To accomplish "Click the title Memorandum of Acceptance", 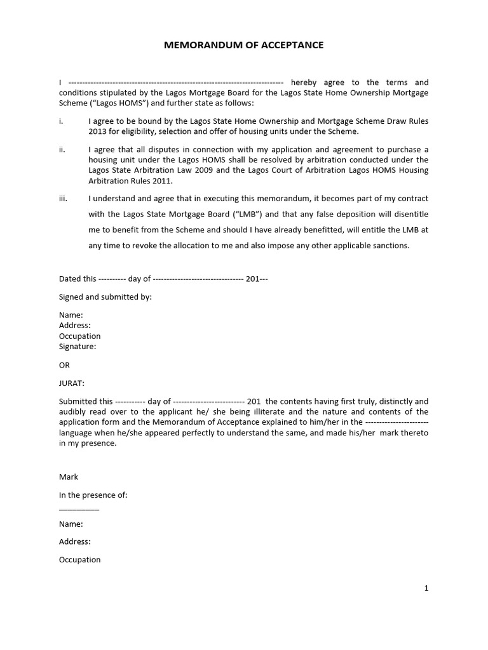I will click(244, 45).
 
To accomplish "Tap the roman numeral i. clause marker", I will click(61, 121).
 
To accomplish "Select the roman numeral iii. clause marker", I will click(63, 199).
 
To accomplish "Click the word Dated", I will click(70, 279).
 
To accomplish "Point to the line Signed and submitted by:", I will click(105, 296).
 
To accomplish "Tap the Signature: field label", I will click(78, 347).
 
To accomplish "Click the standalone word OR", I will click(64, 365).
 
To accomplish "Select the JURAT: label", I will click(72, 383).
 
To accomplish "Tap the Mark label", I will click(69, 477).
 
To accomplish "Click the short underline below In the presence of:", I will click(79, 510).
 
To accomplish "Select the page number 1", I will click(426, 588).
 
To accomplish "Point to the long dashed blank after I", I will click(175, 83).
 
